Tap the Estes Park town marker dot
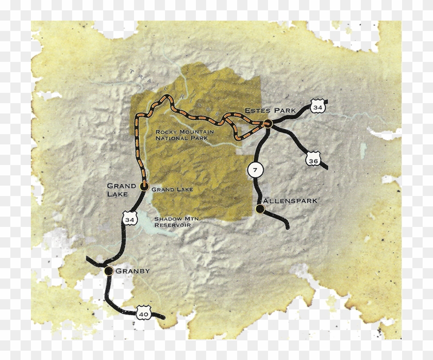point(268,123)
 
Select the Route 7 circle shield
point(254,170)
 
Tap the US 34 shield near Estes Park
point(318,106)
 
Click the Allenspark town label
point(289,200)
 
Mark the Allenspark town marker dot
point(260,209)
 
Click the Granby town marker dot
point(108,270)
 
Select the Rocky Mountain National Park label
point(182,135)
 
